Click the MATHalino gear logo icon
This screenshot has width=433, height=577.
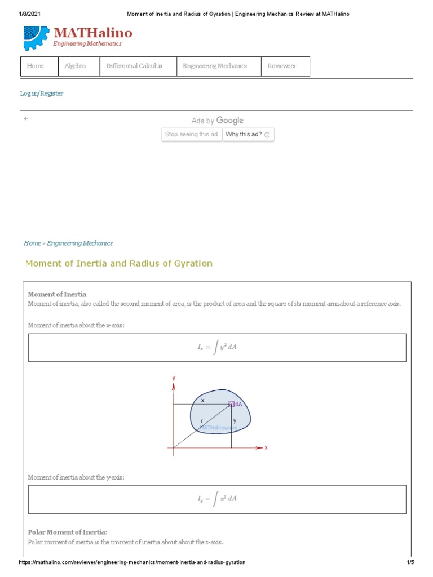pyautogui.click(x=36, y=38)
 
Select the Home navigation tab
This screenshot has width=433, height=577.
pyautogui.click(x=35, y=66)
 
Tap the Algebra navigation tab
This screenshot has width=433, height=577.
pyautogui.click(x=75, y=66)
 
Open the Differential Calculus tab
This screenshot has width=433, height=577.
pyautogui.click(x=134, y=66)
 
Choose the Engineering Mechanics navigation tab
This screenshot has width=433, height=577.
pyautogui.click(x=215, y=66)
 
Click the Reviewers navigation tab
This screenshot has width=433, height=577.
pyautogui.click(x=281, y=66)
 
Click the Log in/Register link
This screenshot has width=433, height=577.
pyautogui.click(x=42, y=94)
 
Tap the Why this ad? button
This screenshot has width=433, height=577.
pyautogui.click(x=248, y=135)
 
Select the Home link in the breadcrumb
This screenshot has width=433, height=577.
pyautogui.click(x=32, y=243)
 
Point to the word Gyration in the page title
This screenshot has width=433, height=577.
pyautogui.click(x=195, y=263)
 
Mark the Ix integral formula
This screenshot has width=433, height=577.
pyautogui.click(x=217, y=348)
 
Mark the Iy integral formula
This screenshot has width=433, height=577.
pyautogui.click(x=217, y=499)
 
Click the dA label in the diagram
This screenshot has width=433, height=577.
pyautogui.click(x=238, y=403)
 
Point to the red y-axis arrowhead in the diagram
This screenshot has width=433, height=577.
pyautogui.click(x=174, y=386)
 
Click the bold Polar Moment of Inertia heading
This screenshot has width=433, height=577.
pyautogui.click(x=67, y=532)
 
